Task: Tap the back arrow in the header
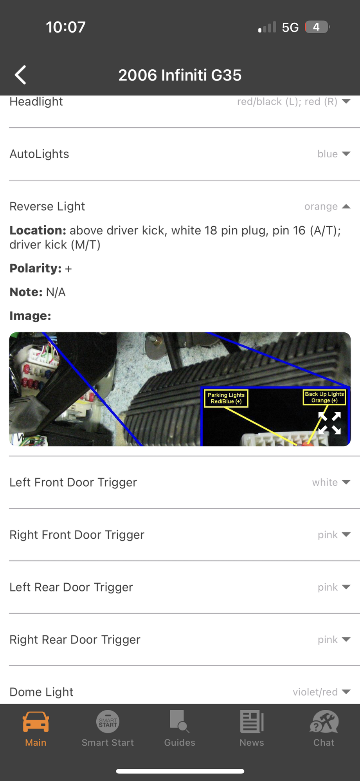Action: click(x=20, y=75)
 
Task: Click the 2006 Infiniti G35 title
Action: click(x=180, y=75)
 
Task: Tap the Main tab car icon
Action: click(x=36, y=722)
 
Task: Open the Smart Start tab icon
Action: click(x=108, y=721)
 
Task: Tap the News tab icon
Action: click(x=252, y=721)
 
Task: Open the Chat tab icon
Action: click(x=324, y=721)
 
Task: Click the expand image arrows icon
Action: click(x=329, y=423)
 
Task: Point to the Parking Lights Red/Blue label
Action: click(x=226, y=398)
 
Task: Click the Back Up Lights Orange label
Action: click(x=324, y=397)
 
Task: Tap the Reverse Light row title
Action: click(x=47, y=206)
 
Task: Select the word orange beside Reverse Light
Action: click(x=321, y=206)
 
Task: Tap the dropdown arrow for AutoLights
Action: click(x=346, y=154)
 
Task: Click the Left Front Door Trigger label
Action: click(x=73, y=482)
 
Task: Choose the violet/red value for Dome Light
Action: click(x=315, y=692)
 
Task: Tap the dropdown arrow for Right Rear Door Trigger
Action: click(x=346, y=640)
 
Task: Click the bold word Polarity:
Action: click(x=36, y=269)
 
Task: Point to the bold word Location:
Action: click(x=38, y=230)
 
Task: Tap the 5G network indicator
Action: click(x=290, y=27)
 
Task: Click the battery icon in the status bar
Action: click(x=317, y=27)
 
